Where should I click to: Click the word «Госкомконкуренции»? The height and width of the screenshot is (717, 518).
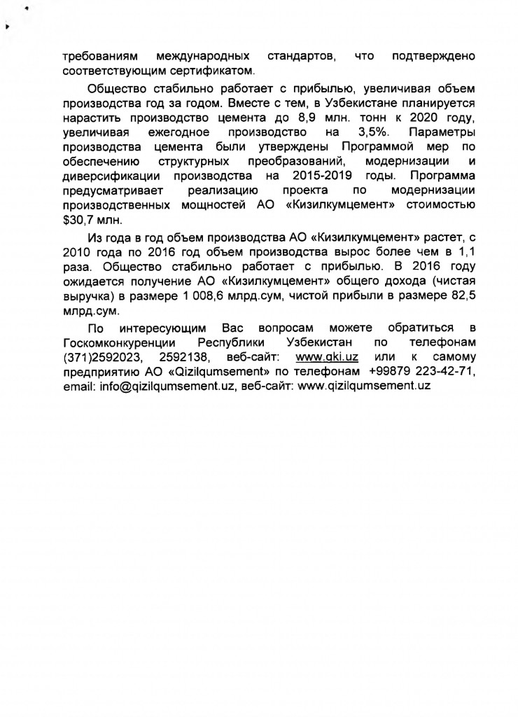click(x=118, y=342)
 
